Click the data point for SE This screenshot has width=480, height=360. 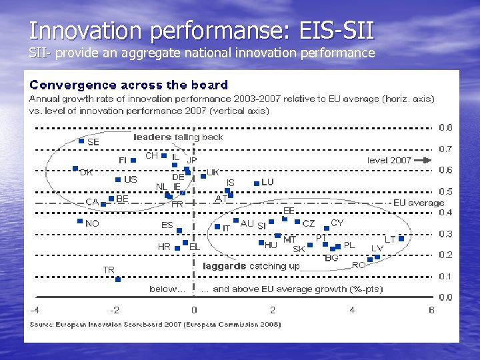point(81,141)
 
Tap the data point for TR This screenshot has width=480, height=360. point(117,279)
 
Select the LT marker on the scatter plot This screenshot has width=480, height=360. point(401,238)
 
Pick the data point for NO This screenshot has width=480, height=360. point(79,221)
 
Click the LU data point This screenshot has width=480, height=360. point(256,182)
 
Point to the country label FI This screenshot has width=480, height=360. point(123,161)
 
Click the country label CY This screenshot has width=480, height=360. point(337,223)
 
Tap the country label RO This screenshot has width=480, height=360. point(359,265)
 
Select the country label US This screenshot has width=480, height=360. point(130,179)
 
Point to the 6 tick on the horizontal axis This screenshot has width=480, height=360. point(431,310)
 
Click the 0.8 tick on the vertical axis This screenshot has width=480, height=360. point(445,127)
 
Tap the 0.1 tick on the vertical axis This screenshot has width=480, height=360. point(445,276)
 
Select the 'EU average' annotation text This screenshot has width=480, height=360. point(419,203)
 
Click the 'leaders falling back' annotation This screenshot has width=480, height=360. point(178,137)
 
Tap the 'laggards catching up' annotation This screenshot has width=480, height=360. point(251,266)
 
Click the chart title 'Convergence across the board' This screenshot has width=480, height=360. point(129,85)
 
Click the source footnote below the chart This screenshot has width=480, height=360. point(155,324)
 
